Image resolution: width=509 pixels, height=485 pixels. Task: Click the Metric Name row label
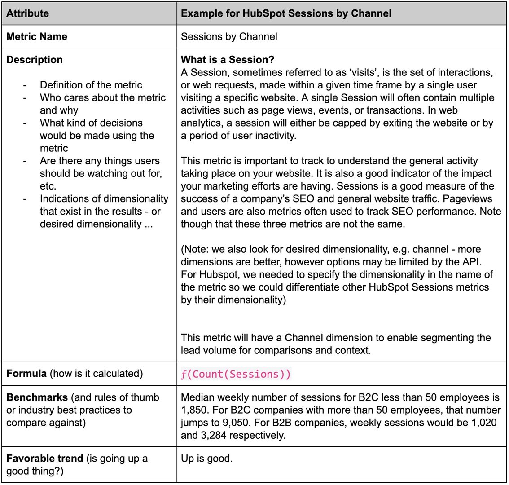[x=37, y=37]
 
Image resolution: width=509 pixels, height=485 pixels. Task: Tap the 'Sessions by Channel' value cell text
[x=229, y=37]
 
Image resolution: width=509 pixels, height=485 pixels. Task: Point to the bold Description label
[x=35, y=60]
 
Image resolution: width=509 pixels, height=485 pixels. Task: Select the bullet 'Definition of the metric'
[x=91, y=85]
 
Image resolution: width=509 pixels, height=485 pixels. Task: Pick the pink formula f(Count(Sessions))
[x=236, y=375]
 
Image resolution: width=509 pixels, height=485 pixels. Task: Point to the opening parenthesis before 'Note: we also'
[x=183, y=249]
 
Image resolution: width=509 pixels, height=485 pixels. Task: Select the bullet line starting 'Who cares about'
[x=103, y=98]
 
